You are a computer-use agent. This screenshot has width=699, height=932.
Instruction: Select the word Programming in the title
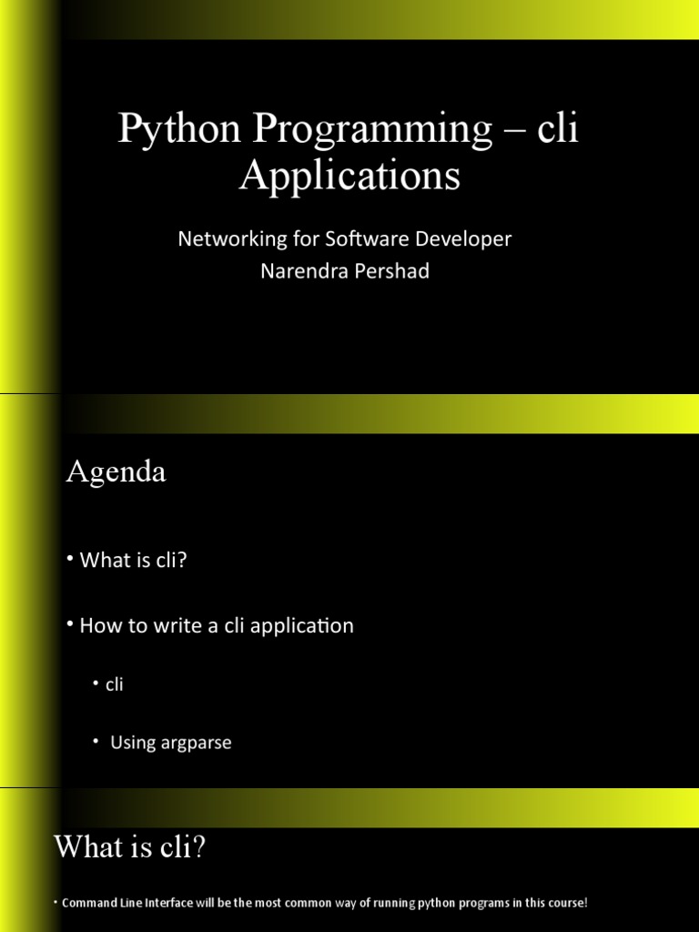[x=371, y=130]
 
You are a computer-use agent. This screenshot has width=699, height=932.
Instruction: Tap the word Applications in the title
[x=349, y=176]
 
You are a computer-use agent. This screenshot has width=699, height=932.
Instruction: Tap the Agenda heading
[x=116, y=472]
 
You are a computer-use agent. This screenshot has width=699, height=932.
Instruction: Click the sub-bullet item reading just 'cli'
[x=114, y=684]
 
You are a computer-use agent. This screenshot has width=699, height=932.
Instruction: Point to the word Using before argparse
[x=133, y=743]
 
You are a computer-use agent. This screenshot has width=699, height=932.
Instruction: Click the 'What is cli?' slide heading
[x=130, y=847]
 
